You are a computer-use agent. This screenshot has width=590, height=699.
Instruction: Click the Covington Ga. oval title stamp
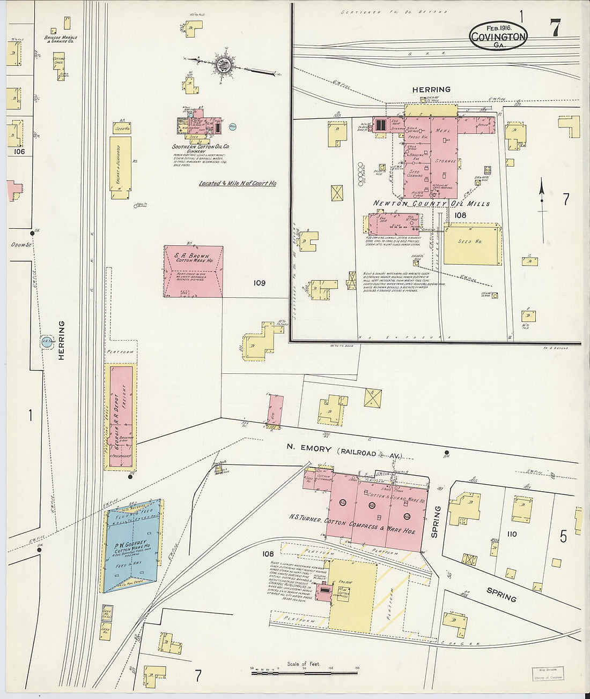(x=498, y=36)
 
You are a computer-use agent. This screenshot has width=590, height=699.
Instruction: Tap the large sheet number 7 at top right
(x=555, y=28)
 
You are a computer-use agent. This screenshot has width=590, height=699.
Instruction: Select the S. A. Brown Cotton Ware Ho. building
(x=193, y=272)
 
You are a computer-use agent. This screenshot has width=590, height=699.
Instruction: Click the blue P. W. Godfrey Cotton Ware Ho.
(x=132, y=546)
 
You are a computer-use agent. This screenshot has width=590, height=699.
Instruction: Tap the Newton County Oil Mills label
(x=431, y=204)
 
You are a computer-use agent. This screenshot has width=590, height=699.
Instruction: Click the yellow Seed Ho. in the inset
(x=472, y=244)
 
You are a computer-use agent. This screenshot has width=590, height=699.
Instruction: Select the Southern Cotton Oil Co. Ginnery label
(x=201, y=149)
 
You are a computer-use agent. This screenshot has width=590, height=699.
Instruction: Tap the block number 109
(x=259, y=283)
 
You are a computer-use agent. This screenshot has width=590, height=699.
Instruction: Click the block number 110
(x=512, y=534)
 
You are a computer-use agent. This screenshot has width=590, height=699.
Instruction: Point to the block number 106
(x=19, y=152)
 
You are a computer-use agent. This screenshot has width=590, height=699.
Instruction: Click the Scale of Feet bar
(x=304, y=672)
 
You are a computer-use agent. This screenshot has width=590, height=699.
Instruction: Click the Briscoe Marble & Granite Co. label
(x=61, y=39)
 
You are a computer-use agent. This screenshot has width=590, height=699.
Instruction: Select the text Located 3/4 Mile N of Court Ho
(x=238, y=183)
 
